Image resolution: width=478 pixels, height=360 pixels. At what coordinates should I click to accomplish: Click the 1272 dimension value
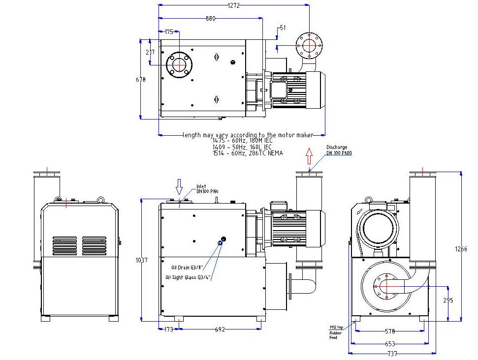pos(234,5)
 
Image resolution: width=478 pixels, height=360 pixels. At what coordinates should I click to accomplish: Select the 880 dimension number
pos(210,19)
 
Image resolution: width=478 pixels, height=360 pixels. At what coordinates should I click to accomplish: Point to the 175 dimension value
pos(169,32)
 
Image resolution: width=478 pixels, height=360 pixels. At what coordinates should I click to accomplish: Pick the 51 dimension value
pos(282,28)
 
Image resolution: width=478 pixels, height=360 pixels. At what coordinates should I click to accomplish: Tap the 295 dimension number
pos(447,300)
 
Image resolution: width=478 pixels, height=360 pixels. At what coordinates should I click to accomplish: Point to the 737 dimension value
pos(391,354)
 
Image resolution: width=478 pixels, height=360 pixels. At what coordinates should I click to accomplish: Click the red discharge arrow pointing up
pos(309,157)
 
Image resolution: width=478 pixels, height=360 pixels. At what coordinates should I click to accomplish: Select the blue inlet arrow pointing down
pos(180,186)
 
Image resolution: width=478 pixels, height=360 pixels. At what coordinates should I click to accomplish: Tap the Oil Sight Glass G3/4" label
pos(189,277)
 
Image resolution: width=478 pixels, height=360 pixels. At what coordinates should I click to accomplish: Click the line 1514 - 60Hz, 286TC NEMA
pos(248,152)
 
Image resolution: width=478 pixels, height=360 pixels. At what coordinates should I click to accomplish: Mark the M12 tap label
pos(336,327)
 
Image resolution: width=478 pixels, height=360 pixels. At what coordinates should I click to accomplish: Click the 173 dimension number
pos(168,330)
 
